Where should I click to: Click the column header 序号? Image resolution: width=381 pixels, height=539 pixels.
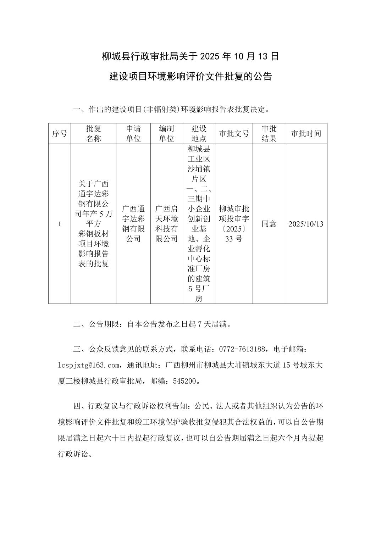point(59,134)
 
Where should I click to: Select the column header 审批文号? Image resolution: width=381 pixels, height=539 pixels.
point(234,134)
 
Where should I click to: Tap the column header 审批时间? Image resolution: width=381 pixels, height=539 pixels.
point(306,134)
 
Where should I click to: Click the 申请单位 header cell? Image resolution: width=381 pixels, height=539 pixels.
point(133,134)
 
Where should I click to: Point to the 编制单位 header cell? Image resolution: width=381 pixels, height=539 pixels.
point(166,134)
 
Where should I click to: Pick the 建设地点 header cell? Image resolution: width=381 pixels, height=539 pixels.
point(199,134)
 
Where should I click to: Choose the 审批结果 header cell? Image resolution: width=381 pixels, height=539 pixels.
point(269,134)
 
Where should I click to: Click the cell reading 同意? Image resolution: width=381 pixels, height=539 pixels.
point(269,224)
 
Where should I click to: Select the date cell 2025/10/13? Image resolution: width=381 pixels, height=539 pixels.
point(306,224)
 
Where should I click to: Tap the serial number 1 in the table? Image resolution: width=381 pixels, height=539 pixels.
point(59,224)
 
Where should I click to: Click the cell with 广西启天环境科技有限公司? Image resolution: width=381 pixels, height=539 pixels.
point(166,224)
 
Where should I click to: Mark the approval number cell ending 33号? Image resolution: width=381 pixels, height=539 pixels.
point(234,224)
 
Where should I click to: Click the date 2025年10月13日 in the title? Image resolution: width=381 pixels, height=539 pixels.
point(240,56)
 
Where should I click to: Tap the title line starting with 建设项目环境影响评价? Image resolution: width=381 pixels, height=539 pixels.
point(190,76)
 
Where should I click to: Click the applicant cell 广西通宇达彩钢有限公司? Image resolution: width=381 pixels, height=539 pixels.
point(133,224)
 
